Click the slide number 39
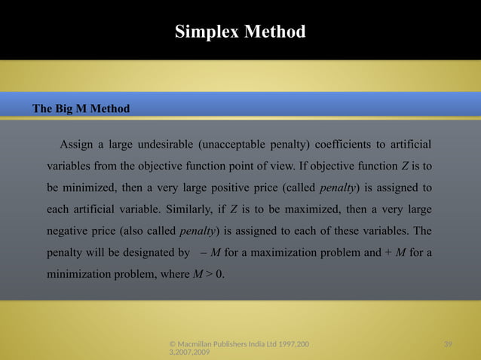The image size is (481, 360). (x=448, y=344)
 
